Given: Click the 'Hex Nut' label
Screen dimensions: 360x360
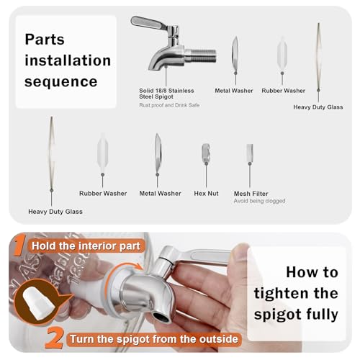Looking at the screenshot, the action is pyautogui.click(x=206, y=194).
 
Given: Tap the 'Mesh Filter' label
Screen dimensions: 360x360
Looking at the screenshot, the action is pyautogui.click(x=251, y=194).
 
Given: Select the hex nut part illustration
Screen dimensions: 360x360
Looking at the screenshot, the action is pyautogui.click(x=206, y=153).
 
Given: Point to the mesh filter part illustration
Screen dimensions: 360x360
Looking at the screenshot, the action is pyautogui.click(x=250, y=153).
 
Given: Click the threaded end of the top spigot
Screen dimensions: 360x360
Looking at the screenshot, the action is pyautogui.click(x=201, y=55).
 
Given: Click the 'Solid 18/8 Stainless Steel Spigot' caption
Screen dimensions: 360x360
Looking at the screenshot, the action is pyautogui.click(x=166, y=94).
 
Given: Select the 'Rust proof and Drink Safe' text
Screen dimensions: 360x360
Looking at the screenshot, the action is pyautogui.click(x=169, y=105).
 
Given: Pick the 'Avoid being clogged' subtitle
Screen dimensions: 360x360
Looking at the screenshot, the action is pyautogui.click(x=259, y=201).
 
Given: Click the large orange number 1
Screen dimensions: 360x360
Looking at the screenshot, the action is pyautogui.click(x=19, y=244).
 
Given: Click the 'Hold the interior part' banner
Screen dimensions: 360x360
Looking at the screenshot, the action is pyautogui.click(x=86, y=246).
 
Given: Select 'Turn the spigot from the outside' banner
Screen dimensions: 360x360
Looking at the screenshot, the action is pyautogui.click(x=154, y=339).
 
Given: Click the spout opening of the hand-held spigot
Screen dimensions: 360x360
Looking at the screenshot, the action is pyautogui.click(x=161, y=317).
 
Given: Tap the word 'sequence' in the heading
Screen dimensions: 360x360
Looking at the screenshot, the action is pyautogui.click(x=61, y=81).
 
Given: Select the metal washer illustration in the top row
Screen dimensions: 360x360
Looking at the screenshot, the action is pyautogui.click(x=235, y=55).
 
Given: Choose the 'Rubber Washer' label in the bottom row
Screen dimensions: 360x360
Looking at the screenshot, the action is pyautogui.click(x=103, y=194).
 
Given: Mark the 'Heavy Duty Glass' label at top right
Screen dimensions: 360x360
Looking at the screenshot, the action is pyautogui.click(x=318, y=107).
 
